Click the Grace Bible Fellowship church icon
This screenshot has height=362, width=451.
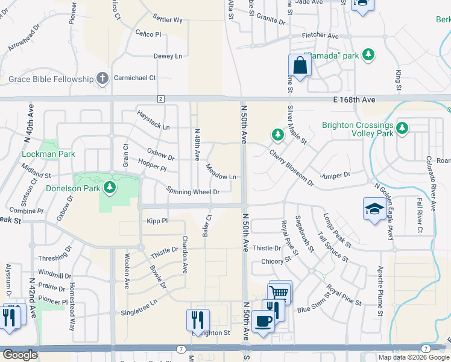click(102, 78)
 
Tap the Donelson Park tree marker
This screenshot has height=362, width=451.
click(110, 188)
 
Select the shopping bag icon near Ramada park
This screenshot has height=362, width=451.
click(300, 65)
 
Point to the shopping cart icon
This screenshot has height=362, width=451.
click(279, 293)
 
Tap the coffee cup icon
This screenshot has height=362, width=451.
click(263, 321)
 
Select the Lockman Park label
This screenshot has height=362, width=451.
click(48, 154)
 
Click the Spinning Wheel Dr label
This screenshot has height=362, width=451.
click(193, 191)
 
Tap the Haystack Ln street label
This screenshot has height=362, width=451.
click(153, 119)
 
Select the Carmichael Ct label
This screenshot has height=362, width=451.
click(136, 78)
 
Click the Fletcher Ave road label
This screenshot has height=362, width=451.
click(320, 36)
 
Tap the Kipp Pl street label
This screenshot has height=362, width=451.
click(157, 221)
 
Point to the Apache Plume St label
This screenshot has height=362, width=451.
click(380, 291)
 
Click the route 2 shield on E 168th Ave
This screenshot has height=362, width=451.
click(161, 98)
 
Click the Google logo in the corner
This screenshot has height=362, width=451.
click(20, 355)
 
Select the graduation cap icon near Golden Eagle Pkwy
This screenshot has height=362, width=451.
click(374, 209)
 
